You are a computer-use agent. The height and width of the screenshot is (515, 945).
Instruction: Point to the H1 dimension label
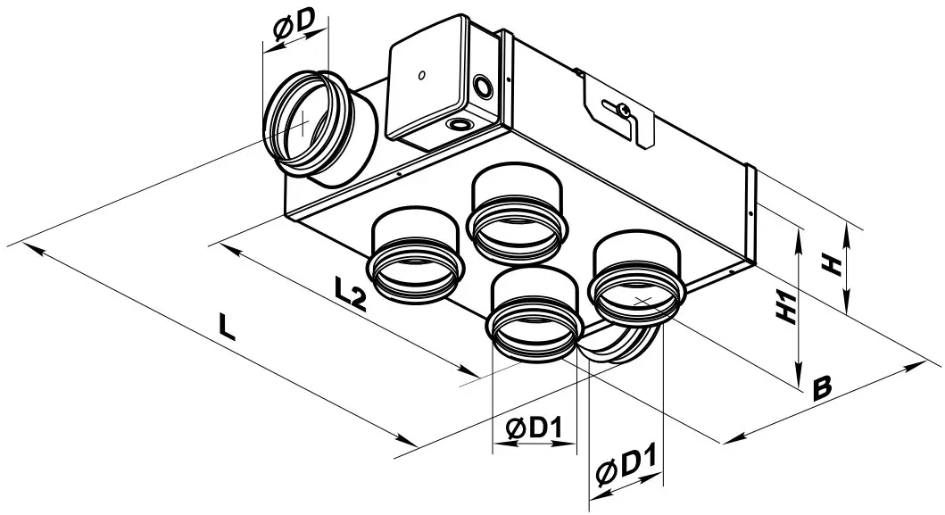[785, 305]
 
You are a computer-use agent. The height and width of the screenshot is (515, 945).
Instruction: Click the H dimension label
[831, 265]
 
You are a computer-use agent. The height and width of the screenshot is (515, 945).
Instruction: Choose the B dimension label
[822, 387]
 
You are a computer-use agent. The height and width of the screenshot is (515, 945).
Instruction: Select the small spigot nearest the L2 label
[416, 259]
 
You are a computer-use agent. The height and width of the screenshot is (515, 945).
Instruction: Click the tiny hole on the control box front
[420, 75]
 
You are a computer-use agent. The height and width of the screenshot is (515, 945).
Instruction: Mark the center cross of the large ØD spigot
[303, 122]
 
